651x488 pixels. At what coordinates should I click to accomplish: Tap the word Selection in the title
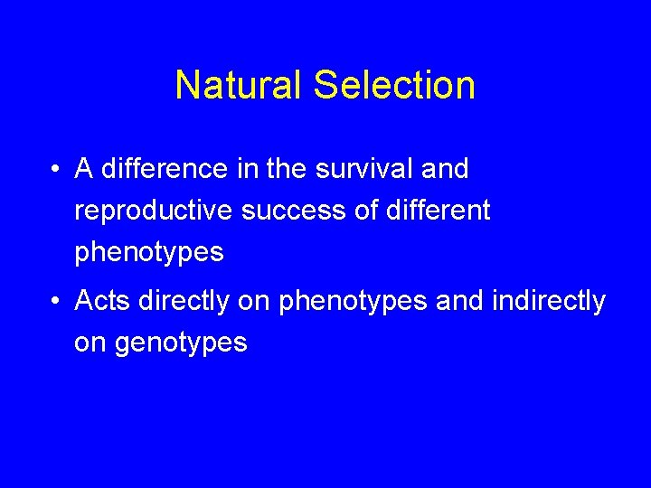394,86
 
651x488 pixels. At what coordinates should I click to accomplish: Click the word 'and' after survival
445,169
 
